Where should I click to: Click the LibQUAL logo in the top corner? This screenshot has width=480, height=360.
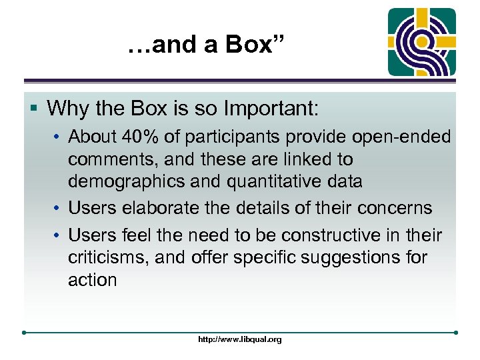[423, 41]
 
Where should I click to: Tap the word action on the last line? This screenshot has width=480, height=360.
[92, 280]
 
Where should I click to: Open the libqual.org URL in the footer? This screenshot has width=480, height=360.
[240, 339]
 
